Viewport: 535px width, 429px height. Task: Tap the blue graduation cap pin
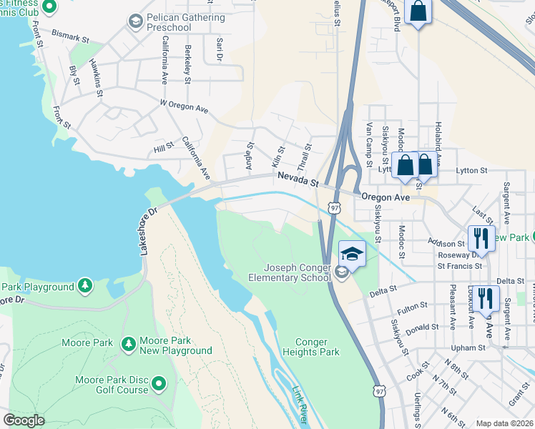pos(353,255)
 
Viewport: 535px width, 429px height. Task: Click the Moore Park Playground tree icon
pos(85,287)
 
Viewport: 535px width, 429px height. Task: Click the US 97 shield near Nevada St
pos(334,207)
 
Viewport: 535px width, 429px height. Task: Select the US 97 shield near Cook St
pos(378,390)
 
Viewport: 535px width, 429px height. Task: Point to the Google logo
pos(24,420)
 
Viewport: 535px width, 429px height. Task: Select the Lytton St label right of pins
pos(472,171)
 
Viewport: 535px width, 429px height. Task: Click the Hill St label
pos(164,147)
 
